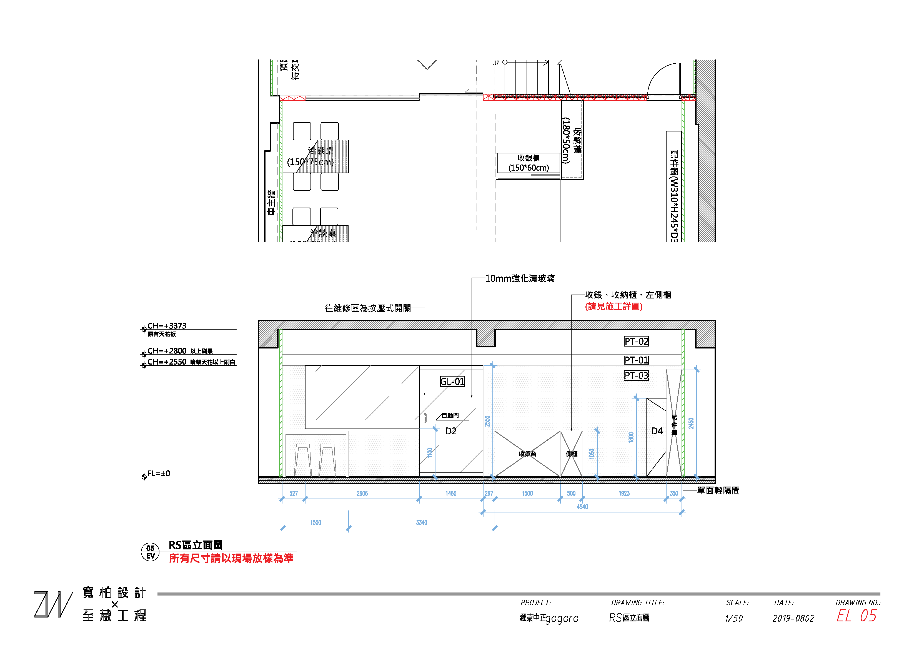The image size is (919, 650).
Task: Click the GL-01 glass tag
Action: pyautogui.click(x=452, y=381)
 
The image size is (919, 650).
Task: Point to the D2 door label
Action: pyautogui.click(x=451, y=431)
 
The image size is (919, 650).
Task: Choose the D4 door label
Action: pyautogui.click(x=657, y=431)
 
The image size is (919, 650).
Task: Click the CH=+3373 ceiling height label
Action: pyautogui.click(x=167, y=326)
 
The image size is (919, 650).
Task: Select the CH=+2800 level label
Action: pyautogui.click(x=167, y=351)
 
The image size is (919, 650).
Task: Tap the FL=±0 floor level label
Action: pyautogui.click(x=159, y=473)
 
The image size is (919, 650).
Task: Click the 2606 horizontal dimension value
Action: pyautogui.click(x=362, y=494)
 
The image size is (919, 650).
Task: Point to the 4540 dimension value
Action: pyautogui.click(x=582, y=507)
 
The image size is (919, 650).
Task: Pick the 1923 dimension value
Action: pyautogui.click(x=624, y=494)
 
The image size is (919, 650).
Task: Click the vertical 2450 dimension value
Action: pyautogui.click(x=691, y=423)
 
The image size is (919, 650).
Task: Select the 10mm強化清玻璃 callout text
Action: pyautogui.click(x=520, y=278)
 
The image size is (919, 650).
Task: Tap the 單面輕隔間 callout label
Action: pyautogui.click(x=718, y=490)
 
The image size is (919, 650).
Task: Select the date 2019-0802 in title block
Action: pyautogui.click(x=793, y=618)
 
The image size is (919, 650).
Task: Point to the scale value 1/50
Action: pyautogui.click(x=734, y=618)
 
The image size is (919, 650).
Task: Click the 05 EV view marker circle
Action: pyautogui.click(x=151, y=552)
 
